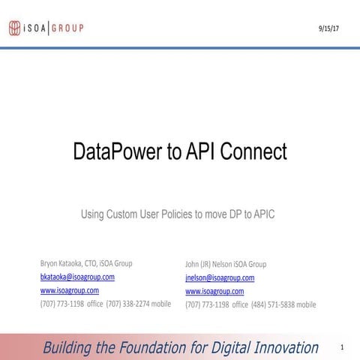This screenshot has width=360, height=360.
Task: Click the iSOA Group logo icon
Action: (15, 28)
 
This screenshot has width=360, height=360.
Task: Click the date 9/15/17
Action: (330, 28)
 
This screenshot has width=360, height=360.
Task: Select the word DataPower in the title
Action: (118, 152)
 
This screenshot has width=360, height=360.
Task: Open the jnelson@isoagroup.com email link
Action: (220, 277)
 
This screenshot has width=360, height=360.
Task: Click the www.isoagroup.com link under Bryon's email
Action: (69, 290)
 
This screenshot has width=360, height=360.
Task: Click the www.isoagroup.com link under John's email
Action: (214, 291)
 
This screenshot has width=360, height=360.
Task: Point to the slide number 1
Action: (341, 347)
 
